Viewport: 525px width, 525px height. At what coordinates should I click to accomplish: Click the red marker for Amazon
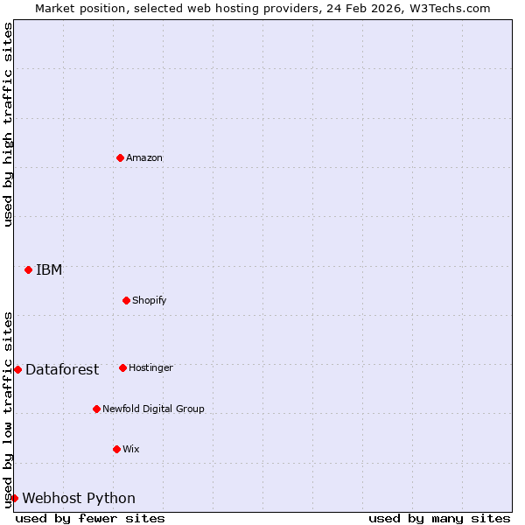click(x=120, y=157)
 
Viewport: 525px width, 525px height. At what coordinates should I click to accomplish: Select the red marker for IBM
click(x=28, y=269)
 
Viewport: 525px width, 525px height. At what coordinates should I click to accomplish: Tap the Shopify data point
click(x=126, y=300)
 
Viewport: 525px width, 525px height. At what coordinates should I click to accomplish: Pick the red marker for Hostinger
click(x=122, y=367)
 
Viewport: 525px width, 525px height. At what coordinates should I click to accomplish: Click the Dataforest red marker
click(x=17, y=369)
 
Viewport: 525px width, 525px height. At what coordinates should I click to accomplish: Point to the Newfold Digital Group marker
click(x=96, y=409)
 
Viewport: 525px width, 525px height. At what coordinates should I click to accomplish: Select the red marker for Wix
click(x=116, y=449)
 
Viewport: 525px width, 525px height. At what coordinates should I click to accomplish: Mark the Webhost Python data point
click(x=14, y=498)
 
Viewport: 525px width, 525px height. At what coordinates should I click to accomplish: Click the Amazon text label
click(x=144, y=158)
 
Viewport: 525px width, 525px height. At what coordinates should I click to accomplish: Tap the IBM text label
click(x=49, y=269)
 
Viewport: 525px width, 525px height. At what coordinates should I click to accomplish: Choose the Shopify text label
click(x=150, y=301)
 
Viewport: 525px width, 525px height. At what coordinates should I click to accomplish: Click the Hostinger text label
click(x=150, y=368)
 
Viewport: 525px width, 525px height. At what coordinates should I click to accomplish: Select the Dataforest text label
click(x=62, y=369)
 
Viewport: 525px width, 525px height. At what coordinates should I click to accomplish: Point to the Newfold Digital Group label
click(x=153, y=409)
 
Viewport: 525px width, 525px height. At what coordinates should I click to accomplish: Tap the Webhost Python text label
click(x=79, y=499)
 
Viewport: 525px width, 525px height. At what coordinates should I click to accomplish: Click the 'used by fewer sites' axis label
click(x=90, y=518)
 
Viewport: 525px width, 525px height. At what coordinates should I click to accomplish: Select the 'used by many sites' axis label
click(x=439, y=518)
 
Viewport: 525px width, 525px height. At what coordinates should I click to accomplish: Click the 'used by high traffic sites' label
click(x=8, y=124)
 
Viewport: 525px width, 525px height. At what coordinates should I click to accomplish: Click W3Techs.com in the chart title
click(x=446, y=8)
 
